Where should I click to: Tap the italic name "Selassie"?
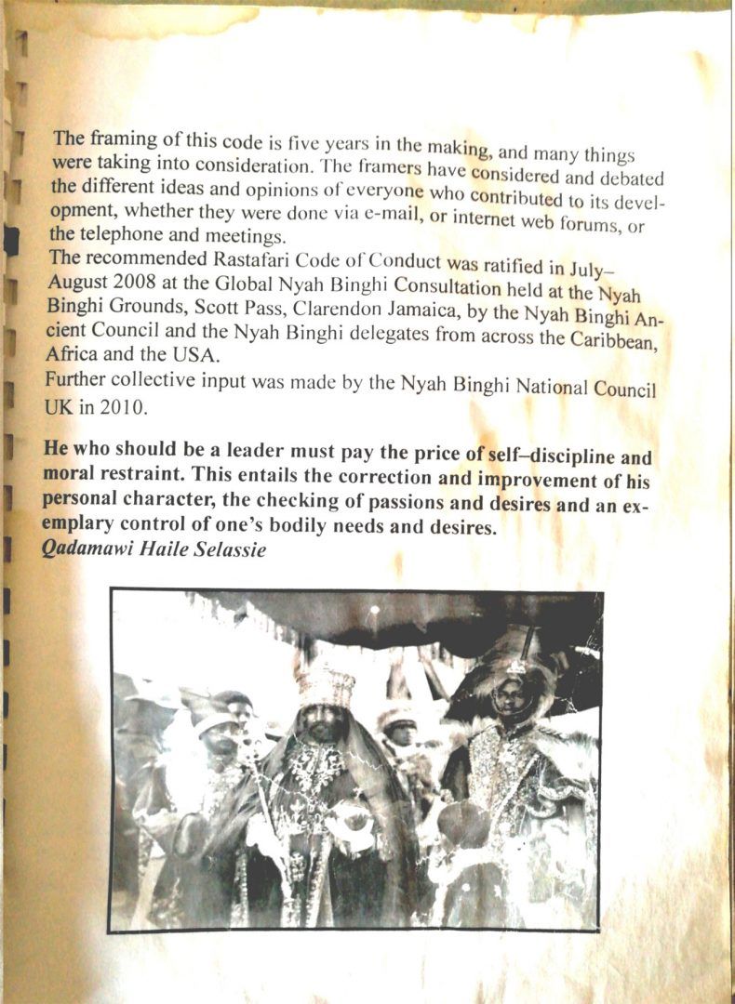pos(230,550)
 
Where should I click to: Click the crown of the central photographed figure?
pos(327,686)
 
